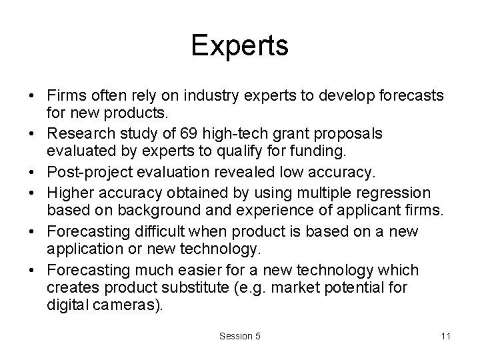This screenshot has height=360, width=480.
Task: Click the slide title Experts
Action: click(240, 46)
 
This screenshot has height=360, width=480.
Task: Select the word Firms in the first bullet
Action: click(65, 95)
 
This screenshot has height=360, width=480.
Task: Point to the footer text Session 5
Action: click(239, 337)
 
